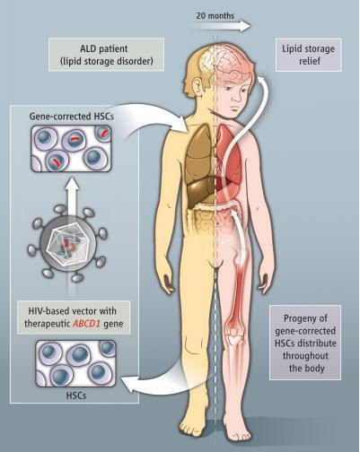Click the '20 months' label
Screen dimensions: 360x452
coord(215,15)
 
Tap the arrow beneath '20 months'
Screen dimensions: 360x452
coord(221,26)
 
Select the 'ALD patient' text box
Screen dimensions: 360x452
coord(106,55)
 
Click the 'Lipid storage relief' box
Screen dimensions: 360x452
coord(308,55)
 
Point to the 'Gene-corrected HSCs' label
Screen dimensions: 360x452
coord(72,116)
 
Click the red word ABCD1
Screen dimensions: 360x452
coord(86,324)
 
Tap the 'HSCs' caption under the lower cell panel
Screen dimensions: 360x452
coord(76,395)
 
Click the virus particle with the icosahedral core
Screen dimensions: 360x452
coord(68,243)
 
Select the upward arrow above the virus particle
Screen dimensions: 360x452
coord(72,197)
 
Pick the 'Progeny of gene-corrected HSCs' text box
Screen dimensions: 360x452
coord(305,343)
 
